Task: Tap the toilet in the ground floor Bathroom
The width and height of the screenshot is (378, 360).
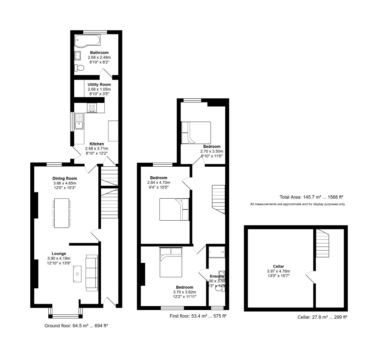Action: pos(79,68)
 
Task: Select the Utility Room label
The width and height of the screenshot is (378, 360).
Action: pos(99,85)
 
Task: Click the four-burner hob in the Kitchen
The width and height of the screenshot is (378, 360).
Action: pos(92,108)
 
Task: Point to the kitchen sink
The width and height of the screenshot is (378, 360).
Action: pos(79,125)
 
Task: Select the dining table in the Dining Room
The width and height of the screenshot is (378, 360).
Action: pos(62,213)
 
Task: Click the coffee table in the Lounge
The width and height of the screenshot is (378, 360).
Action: pos(77,274)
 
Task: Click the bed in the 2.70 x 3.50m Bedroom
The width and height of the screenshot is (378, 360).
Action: pos(196,133)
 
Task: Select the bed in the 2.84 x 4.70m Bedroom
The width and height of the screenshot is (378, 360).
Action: pos(174,209)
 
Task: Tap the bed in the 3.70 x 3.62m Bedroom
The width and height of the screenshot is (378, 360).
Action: pos(171,262)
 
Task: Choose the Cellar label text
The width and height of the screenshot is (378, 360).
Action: pos(278,266)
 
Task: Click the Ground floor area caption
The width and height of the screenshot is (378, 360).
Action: pos(76,326)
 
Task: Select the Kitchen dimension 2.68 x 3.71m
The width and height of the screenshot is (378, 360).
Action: pos(97,149)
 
